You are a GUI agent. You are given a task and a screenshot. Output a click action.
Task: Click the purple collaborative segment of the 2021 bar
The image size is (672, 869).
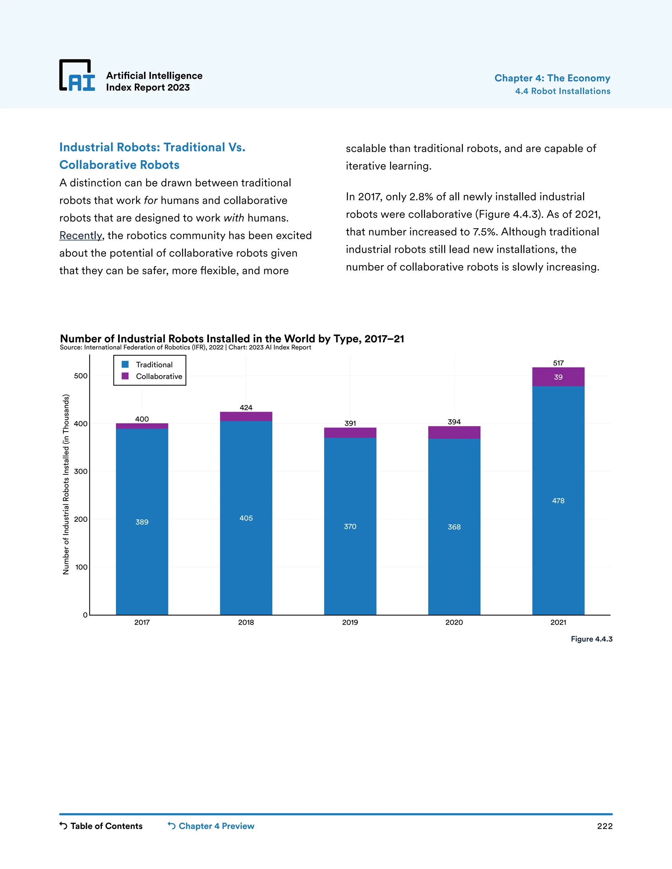pyautogui.click(x=558, y=377)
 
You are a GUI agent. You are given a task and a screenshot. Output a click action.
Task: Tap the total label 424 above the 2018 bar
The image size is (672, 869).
pyautogui.click(x=246, y=407)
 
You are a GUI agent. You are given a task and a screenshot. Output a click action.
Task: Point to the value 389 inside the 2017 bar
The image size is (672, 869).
pyautogui.click(x=142, y=522)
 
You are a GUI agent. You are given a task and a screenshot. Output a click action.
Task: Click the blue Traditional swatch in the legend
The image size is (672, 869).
pyautogui.click(x=125, y=364)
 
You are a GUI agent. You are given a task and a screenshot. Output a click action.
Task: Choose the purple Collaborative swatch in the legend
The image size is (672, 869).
pyautogui.click(x=125, y=376)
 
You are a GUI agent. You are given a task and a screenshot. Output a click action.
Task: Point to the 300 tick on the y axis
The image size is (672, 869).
pyautogui.click(x=80, y=471)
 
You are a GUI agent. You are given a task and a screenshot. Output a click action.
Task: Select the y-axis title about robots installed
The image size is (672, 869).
pyautogui.click(x=66, y=484)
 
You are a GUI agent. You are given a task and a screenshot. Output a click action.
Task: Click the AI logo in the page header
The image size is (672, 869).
pyautogui.click(x=77, y=76)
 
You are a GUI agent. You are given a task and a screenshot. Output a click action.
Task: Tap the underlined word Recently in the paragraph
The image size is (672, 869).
pyautogui.click(x=81, y=235)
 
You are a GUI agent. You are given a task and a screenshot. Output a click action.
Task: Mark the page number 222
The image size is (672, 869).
pyautogui.click(x=604, y=826)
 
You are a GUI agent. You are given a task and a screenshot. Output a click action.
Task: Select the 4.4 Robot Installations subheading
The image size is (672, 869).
pyautogui.click(x=562, y=91)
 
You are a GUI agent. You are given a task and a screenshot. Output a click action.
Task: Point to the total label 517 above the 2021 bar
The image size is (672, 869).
pyautogui.click(x=558, y=363)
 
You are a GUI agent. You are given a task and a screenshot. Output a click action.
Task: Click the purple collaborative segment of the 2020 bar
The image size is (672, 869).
pyautogui.click(x=454, y=433)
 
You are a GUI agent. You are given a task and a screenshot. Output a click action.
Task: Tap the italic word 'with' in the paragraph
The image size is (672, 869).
pyautogui.click(x=234, y=218)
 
